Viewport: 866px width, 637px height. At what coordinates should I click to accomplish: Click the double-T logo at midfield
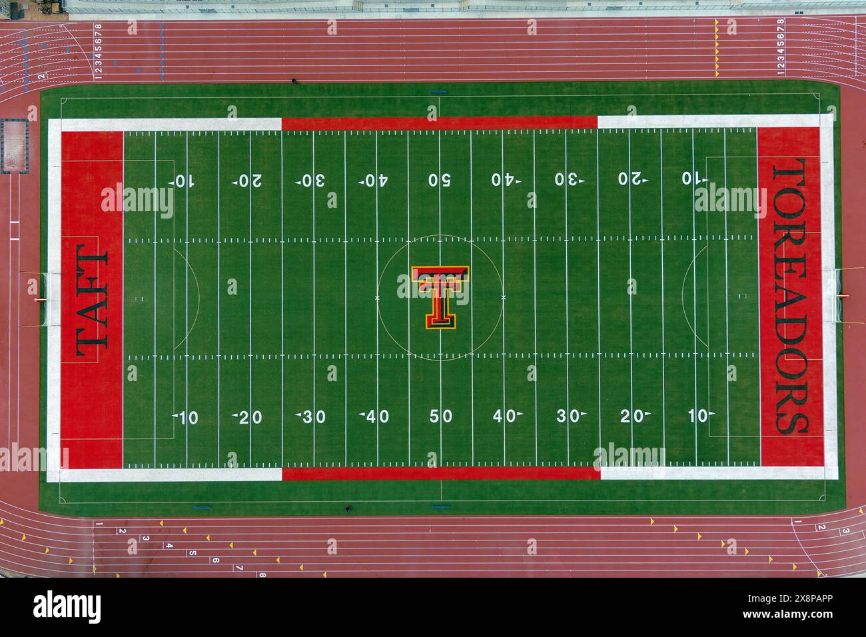pos(440,297)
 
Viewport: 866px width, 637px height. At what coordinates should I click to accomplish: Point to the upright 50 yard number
pos(440,416)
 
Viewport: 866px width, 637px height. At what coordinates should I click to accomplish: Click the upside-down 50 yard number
pos(440,180)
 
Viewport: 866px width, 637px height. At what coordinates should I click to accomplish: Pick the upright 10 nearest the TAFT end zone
pos(186,418)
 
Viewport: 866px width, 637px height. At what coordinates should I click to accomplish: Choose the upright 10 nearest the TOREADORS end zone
pos(699,416)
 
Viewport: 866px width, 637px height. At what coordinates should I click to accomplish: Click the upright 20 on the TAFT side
pos(248,418)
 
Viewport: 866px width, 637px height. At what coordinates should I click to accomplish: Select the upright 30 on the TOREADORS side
pos(570,416)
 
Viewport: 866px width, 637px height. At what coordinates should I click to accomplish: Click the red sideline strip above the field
pos(440,123)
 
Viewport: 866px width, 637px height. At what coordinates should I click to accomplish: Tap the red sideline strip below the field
pos(440,473)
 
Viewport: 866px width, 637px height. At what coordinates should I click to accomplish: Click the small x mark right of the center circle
pos(503,297)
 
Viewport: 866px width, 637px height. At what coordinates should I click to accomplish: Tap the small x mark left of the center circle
pos(378,297)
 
